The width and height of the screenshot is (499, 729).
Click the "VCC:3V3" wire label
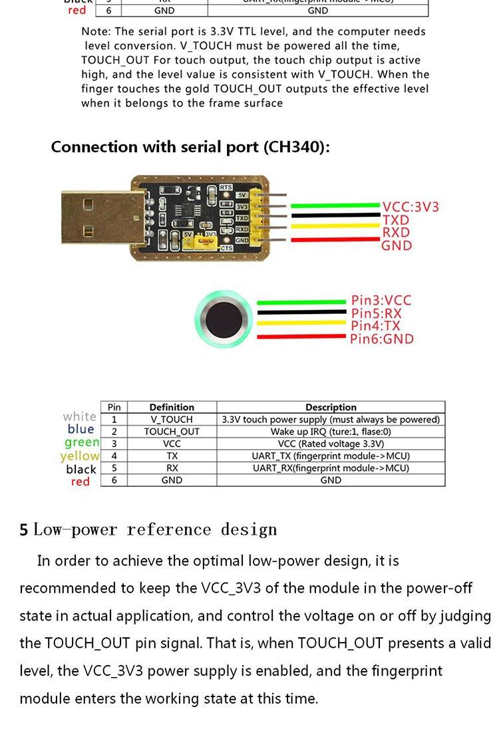coord(411,207)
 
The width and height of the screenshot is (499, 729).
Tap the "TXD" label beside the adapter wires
coord(396,220)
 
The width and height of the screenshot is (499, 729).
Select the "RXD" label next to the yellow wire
coord(396,233)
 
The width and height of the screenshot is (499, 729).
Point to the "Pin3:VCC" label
coord(381,301)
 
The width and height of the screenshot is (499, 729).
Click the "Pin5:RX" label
coord(377,313)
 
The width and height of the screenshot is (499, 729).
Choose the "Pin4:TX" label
coord(376,326)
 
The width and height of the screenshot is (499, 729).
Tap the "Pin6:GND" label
coord(382,339)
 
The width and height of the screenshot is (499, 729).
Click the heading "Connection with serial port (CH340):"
coord(190,147)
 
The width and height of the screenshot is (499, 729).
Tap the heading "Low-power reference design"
coord(155,529)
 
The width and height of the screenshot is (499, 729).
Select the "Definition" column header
coord(172,407)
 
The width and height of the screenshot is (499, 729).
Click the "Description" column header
coord(331,407)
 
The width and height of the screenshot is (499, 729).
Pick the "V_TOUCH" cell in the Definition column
coord(172,420)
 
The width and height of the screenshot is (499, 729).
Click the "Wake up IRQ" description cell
coord(331,432)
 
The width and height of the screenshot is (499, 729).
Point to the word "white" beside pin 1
coord(80,416)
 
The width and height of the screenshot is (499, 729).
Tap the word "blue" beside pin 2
coord(81,429)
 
